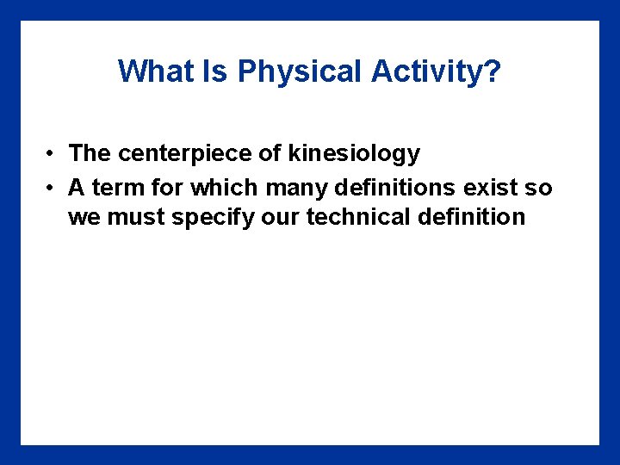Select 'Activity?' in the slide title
pos(436,71)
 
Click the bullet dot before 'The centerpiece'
pos(53,154)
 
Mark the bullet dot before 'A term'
pos(53,187)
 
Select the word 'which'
pos(220,187)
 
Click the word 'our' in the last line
pos(278,217)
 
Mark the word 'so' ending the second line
pos(540,187)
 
